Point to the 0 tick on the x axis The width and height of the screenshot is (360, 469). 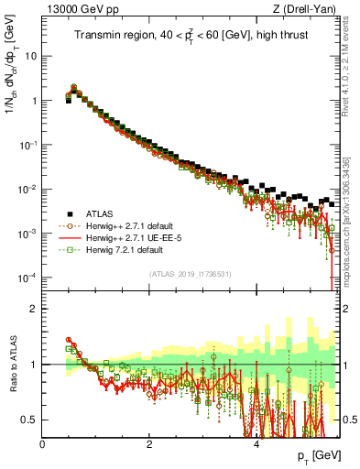[43, 442]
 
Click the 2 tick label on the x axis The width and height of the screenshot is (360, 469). [149, 442]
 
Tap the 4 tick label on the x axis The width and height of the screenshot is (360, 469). [256, 442]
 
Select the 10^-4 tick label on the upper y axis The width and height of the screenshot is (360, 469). [27, 278]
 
